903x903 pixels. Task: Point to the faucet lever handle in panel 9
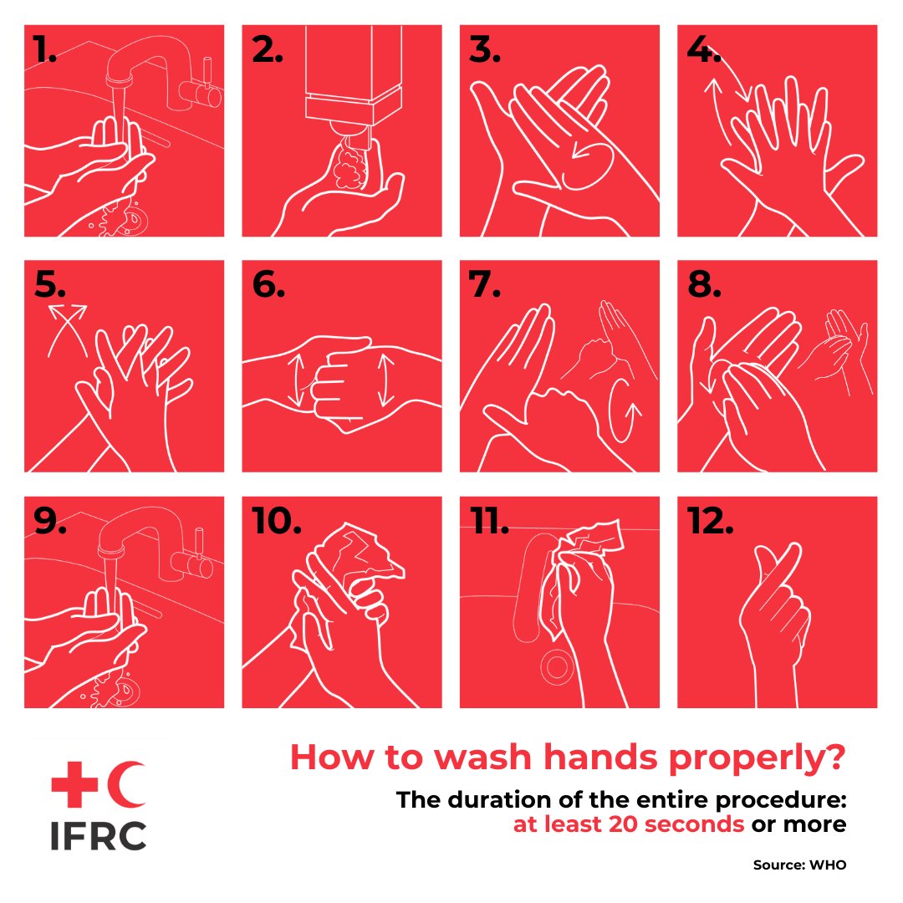(x=199, y=553)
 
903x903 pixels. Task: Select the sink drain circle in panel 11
(x=554, y=666)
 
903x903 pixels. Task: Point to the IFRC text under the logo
(x=98, y=835)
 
